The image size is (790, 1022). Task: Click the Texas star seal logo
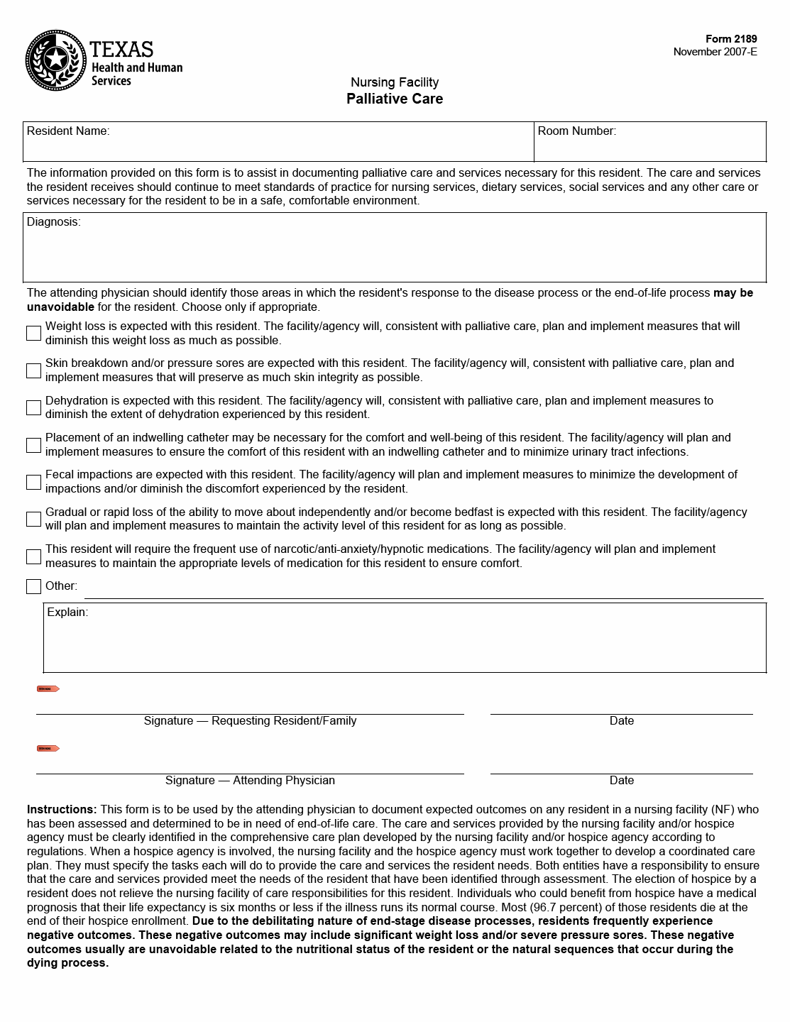point(55,61)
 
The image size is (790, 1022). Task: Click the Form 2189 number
point(731,39)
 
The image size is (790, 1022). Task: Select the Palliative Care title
point(395,99)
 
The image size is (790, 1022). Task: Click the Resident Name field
point(278,146)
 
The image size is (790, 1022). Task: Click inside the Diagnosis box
point(395,252)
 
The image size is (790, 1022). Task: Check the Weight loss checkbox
point(33,333)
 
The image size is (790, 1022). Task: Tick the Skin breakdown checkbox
point(33,370)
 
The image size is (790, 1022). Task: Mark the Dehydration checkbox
point(33,407)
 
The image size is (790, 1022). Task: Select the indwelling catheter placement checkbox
point(33,445)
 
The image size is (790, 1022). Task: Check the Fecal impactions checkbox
point(33,482)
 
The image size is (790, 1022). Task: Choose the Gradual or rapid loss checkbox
point(33,519)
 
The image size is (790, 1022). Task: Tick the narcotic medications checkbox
point(33,556)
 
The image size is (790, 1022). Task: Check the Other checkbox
point(33,586)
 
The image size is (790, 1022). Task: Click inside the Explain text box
point(405,642)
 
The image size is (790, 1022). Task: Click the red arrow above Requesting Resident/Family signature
point(48,688)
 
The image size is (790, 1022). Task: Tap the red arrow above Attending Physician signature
point(48,748)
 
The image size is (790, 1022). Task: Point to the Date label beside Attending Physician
point(621,780)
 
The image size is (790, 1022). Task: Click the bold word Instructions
point(61,809)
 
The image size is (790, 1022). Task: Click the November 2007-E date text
point(715,52)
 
